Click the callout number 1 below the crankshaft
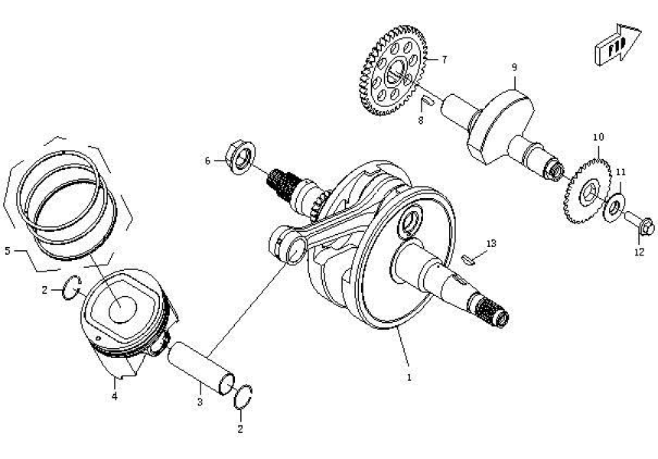tap(409, 377)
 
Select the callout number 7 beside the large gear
tap(445, 59)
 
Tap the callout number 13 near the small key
tap(491, 243)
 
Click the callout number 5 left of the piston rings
tap(8, 250)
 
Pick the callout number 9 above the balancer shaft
tap(515, 67)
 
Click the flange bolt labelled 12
tap(641, 226)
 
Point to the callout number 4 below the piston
tap(114, 396)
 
